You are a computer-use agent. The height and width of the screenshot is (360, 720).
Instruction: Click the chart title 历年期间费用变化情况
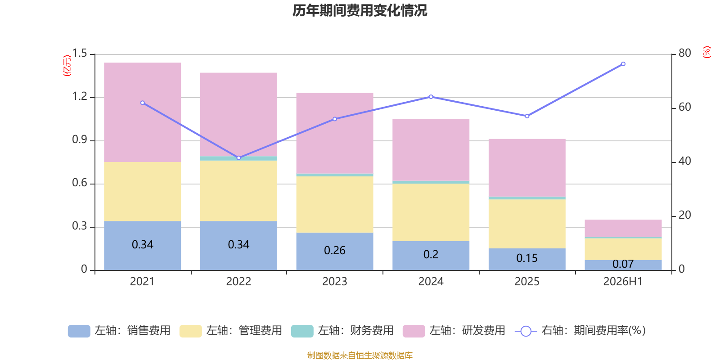[360, 11]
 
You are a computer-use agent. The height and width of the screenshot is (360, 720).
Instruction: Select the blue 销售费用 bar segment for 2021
[142, 246]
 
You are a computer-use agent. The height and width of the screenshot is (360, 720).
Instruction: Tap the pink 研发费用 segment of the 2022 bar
[238, 115]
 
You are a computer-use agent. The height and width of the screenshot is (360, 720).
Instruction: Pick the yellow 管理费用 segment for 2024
[431, 212]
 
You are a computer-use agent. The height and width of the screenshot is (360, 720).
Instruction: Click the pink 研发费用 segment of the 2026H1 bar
[623, 229]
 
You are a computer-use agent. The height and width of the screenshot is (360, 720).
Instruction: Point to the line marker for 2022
[238, 158]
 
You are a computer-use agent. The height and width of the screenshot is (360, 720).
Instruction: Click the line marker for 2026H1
[623, 64]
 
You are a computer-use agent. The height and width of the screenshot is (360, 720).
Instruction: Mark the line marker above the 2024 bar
[431, 97]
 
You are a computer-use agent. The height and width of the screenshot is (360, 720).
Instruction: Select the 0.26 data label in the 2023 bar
[335, 250]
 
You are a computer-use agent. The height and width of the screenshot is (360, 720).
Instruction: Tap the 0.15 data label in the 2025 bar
[527, 258]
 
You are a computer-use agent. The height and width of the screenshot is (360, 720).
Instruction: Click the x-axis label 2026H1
[623, 282]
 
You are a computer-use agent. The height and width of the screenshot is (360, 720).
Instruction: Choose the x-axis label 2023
[335, 282]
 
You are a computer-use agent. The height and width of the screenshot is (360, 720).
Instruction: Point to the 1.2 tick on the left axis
[80, 96]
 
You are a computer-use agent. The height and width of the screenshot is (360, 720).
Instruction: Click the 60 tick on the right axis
[684, 107]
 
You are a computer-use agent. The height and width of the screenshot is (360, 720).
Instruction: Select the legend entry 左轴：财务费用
[342, 331]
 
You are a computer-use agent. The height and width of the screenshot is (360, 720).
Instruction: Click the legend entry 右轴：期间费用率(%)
[580, 331]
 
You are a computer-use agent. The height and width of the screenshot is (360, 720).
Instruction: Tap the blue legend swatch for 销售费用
[79, 331]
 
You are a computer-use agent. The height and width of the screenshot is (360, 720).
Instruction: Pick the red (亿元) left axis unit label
[67, 66]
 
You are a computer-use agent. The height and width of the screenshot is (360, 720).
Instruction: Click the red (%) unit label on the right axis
[706, 52]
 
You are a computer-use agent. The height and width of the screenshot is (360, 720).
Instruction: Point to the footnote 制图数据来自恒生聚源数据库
[360, 355]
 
